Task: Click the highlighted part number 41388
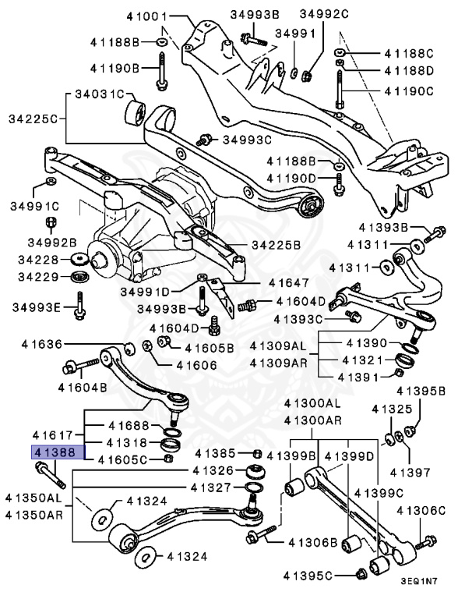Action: pos(53,452)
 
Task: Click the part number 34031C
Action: pos(100,94)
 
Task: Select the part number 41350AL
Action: pos(33,497)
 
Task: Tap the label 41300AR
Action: pos(312,420)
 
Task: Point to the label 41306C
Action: pos(421,511)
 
